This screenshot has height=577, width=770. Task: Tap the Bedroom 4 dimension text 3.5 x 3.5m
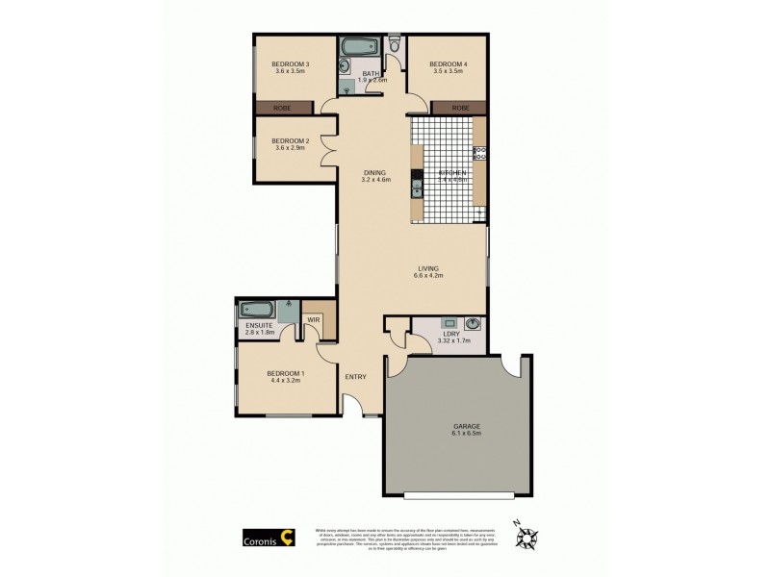pos(449,72)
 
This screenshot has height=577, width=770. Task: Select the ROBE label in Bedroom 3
pos(283,108)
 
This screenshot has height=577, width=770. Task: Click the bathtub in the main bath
pos(360,46)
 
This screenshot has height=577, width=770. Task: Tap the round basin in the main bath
pos(344,65)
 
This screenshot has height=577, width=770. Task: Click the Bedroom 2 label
pos(291,140)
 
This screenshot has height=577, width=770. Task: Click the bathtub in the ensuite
pos(257,310)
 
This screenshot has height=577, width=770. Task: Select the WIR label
pos(314,319)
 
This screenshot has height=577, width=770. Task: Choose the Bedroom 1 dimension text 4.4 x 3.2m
pos(285,381)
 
